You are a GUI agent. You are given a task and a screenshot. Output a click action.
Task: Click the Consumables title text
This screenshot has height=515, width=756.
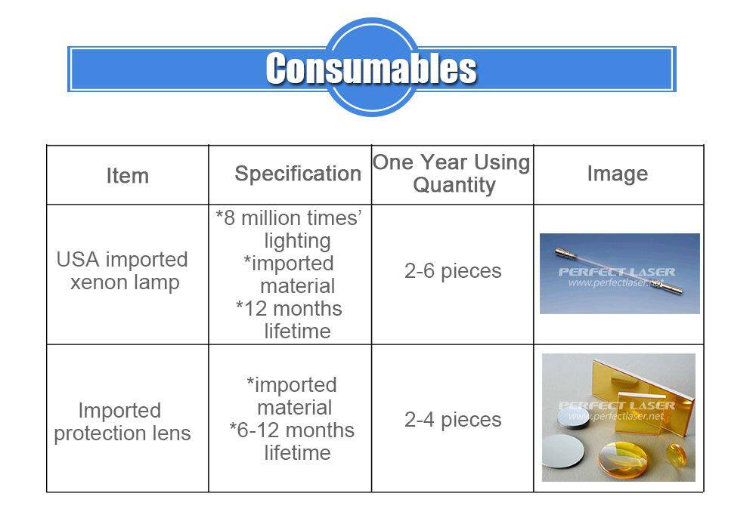[371, 69]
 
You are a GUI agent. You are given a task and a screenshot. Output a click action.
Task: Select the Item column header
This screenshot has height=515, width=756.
[127, 175]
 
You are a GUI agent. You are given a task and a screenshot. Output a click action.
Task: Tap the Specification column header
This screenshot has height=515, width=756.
[298, 174]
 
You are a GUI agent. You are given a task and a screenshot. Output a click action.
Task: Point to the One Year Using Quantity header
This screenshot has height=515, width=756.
[452, 174]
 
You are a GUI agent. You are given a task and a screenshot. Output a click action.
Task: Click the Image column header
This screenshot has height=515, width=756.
[617, 174]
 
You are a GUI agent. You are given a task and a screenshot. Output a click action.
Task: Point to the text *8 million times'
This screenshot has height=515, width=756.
[289, 217]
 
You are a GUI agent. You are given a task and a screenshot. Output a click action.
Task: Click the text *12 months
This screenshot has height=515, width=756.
[289, 308]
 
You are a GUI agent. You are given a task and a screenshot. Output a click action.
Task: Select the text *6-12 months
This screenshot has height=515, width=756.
[292, 430]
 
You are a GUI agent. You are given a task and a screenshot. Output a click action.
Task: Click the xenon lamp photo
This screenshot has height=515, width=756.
[620, 273]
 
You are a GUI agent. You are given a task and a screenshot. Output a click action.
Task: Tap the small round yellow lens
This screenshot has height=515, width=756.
[677, 455]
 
